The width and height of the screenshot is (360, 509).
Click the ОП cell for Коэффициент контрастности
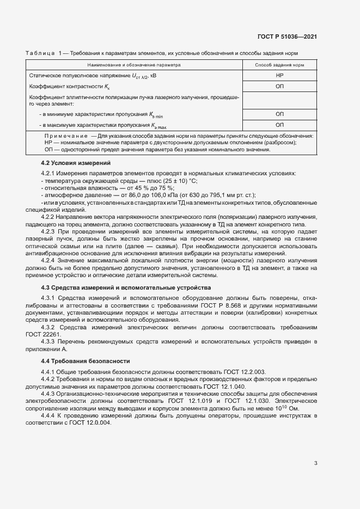279,87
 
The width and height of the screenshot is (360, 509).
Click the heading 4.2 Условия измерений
76,163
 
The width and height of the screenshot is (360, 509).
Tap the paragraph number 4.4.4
51,416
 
